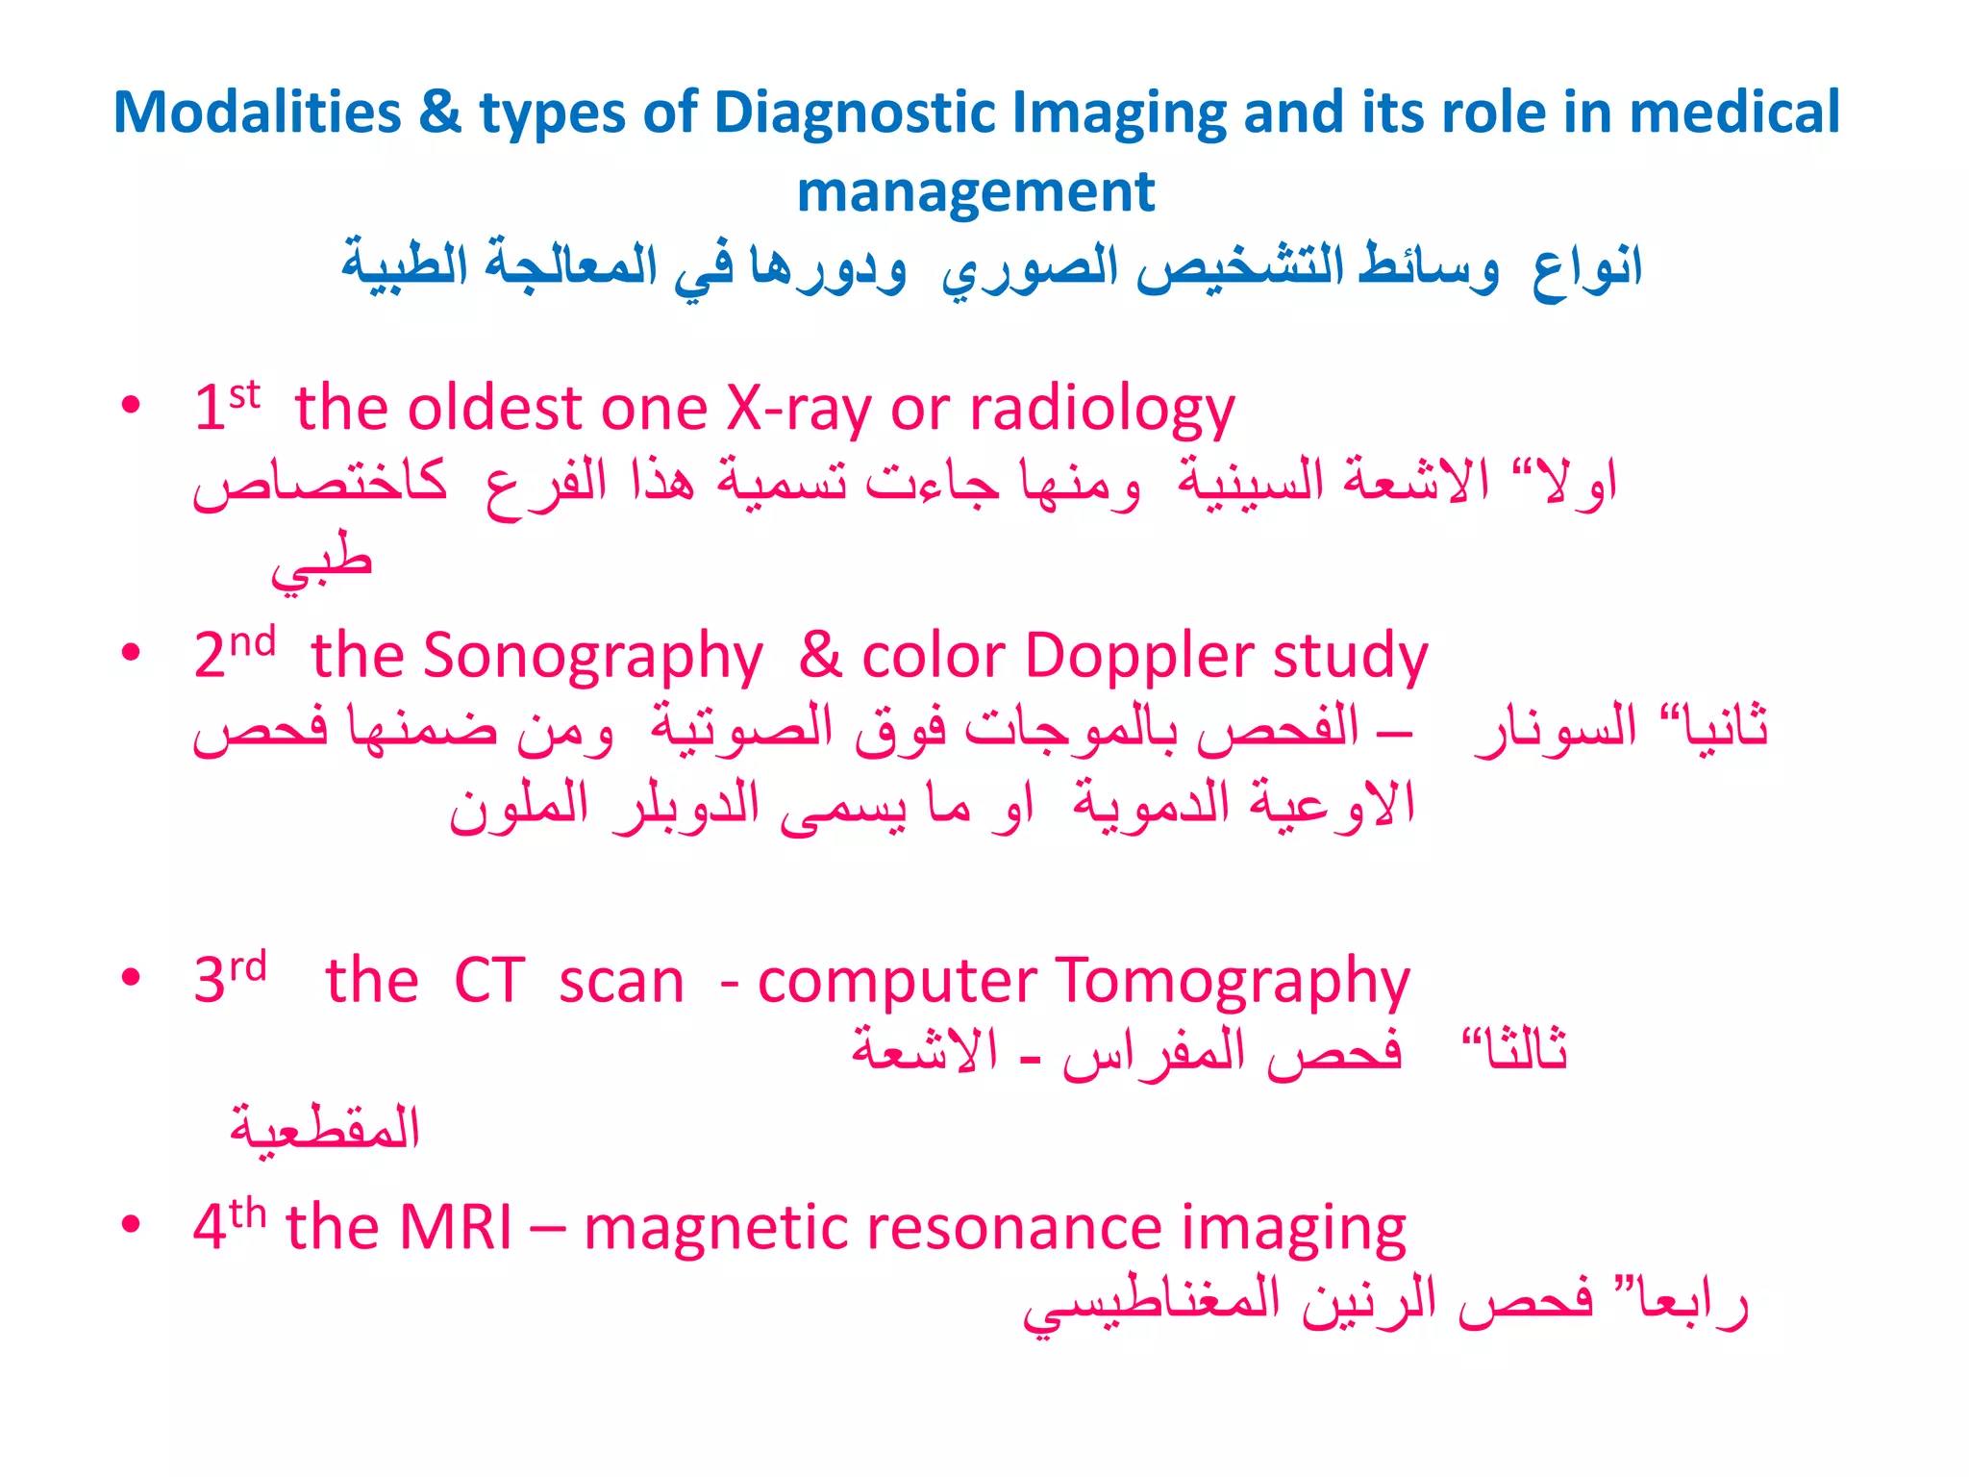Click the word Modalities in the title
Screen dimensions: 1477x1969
[x=257, y=113]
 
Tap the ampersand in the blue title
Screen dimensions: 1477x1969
[x=440, y=113]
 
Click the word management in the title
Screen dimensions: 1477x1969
[x=975, y=191]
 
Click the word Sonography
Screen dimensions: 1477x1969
[x=592, y=657]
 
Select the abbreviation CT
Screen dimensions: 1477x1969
[x=489, y=981]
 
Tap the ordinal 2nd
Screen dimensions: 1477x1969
[x=235, y=653]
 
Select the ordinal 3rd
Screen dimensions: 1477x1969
[x=230, y=978]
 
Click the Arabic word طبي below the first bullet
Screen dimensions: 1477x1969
[x=321, y=564]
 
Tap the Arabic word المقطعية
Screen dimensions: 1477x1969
[x=325, y=1127]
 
